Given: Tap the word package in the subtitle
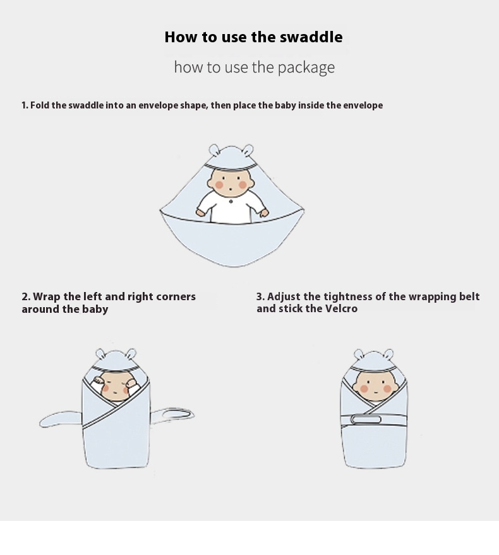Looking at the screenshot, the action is point(306,67).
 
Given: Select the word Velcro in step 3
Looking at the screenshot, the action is point(341,308).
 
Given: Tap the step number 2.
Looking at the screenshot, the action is point(26,296).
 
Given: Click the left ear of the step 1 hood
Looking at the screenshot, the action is point(213,149).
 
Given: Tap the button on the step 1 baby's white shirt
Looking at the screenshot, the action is point(231,202).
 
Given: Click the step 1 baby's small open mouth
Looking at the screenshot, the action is point(231,190).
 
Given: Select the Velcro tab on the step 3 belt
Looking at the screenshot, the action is point(366,420).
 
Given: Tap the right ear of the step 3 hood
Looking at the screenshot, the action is point(388,354).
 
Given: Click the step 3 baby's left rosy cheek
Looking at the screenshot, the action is point(364,389).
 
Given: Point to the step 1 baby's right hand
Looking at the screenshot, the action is point(264,213).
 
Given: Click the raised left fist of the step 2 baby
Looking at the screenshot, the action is point(98,381).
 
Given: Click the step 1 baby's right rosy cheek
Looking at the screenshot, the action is point(243,185).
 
